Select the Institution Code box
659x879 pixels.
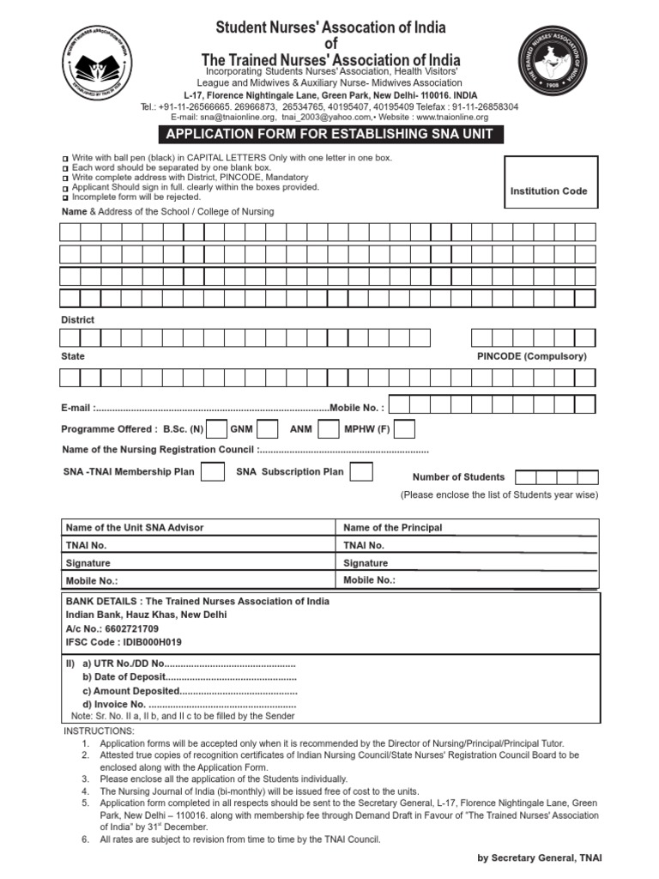tap(548, 191)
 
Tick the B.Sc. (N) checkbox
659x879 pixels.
tap(217, 429)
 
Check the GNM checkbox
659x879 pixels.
tap(268, 429)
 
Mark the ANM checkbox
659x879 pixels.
tap(328, 429)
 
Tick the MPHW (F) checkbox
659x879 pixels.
tap(404, 429)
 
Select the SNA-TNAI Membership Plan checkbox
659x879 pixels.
tap(213, 471)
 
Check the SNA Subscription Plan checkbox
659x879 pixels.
tap(361, 471)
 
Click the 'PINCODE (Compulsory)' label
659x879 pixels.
tap(531, 356)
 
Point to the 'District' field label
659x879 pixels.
tap(78, 319)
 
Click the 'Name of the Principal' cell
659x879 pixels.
tap(393, 528)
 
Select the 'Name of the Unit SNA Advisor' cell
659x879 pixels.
tap(135, 528)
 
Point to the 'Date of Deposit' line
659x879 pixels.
tap(189, 678)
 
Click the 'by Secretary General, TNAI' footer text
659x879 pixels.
tap(545, 858)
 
